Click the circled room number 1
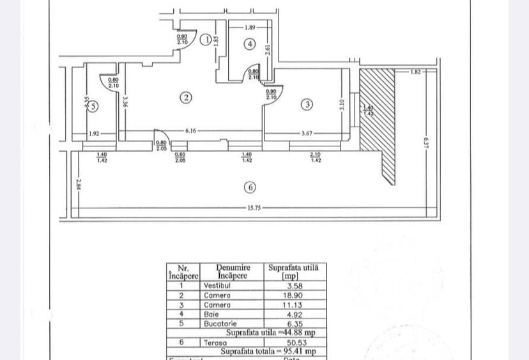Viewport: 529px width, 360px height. [x=206, y=40]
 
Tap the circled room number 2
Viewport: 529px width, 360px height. [x=186, y=98]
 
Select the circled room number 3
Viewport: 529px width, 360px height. [x=307, y=104]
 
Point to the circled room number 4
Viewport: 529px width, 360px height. [x=250, y=44]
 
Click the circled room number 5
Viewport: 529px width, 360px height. [x=93, y=106]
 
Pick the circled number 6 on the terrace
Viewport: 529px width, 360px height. [x=250, y=187]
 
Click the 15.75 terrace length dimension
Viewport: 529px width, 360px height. [x=254, y=208]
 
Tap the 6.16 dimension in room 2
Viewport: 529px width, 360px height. [x=190, y=131]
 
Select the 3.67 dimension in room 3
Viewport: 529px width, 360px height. [x=307, y=134]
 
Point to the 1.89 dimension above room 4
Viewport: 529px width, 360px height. [x=250, y=27]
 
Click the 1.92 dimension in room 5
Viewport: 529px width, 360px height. [x=94, y=134]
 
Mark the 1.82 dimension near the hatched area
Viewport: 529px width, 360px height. [x=415, y=72]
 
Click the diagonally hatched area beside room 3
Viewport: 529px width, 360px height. [x=378, y=115]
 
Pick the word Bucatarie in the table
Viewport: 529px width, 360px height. [x=220, y=324]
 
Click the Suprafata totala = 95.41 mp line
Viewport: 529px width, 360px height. [x=268, y=351]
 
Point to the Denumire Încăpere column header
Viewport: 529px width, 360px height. [x=232, y=272]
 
